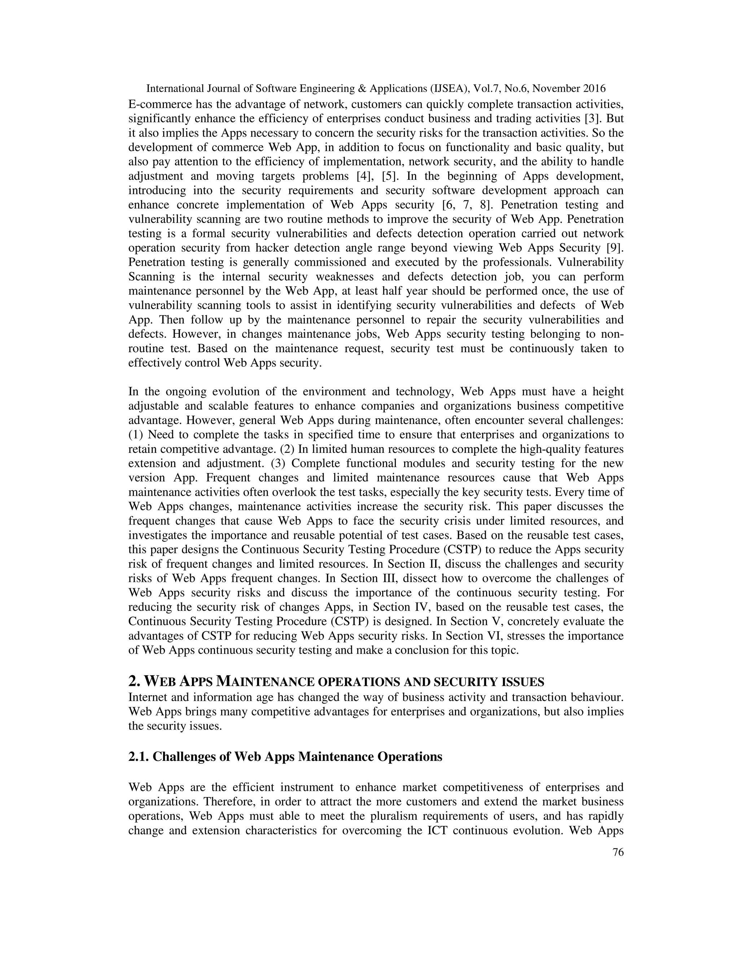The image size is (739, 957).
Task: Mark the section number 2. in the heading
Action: tap(134, 681)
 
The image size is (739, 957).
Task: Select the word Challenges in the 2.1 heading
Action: tap(189, 757)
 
